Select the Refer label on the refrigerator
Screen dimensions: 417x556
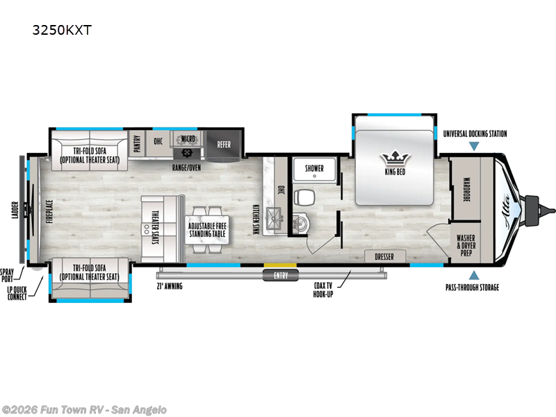click(x=224, y=145)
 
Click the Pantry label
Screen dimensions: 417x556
click(x=138, y=143)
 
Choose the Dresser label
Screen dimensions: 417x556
click(x=384, y=256)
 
